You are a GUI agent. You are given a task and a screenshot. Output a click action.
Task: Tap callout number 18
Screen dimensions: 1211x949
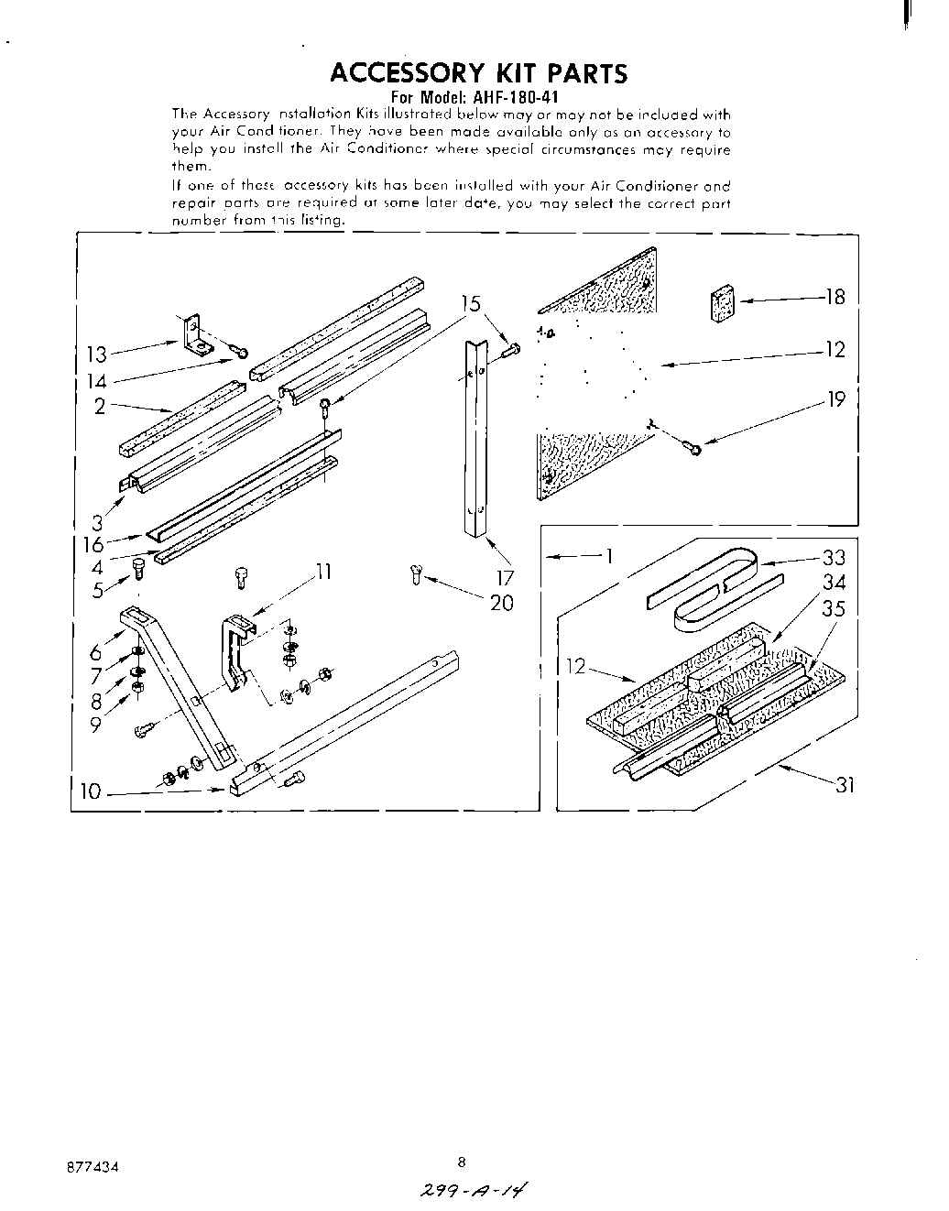click(834, 297)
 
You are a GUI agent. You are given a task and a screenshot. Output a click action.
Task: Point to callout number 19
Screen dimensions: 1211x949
click(834, 399)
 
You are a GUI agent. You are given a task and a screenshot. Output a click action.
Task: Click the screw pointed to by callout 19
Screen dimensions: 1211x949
click(693, 447)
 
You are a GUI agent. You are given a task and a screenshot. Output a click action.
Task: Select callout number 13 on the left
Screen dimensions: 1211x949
click(96, 355)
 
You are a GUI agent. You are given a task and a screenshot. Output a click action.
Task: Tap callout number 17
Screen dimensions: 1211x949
click(506, 578)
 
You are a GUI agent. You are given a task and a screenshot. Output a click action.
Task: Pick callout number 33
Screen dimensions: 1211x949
click(834, 558)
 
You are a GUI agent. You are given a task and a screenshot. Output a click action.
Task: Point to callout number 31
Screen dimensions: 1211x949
click(844, 784)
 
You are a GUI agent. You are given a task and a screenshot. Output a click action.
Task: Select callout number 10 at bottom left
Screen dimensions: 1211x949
click(90, 791)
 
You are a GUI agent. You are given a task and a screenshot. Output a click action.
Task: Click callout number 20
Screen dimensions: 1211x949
click(502, 603)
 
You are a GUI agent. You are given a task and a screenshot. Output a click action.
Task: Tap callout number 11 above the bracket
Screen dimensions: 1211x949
click(322, 573)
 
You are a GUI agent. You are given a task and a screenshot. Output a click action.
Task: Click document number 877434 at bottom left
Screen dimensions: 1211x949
click(92, 1168)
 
